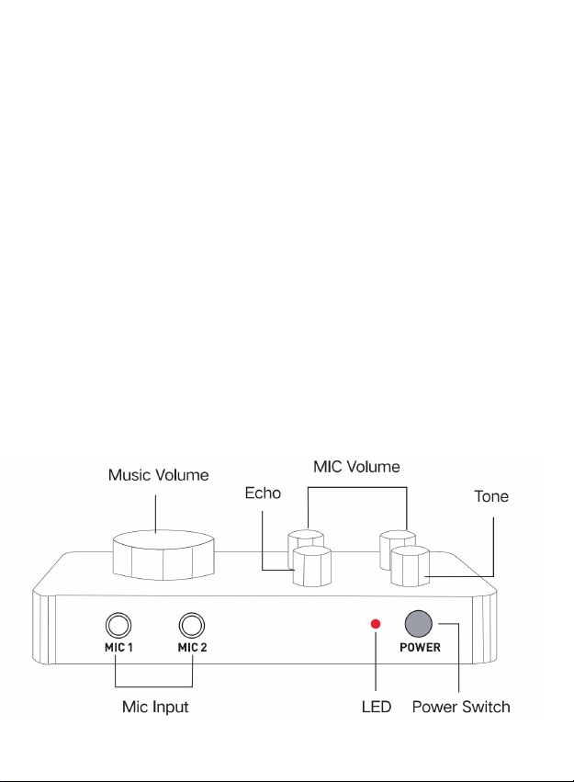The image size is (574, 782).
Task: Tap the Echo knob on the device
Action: pos(313,566)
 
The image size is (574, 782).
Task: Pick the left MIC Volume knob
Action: pos(307,541)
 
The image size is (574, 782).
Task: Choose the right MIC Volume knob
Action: pos(399,541)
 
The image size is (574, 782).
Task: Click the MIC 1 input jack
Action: pos(116,626)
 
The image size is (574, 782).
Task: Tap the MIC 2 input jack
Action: pos(192,626)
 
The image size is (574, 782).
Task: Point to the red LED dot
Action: pos(375,625)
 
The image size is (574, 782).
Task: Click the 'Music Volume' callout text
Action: pos(158,475)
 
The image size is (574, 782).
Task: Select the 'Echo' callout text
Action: pos(263,493)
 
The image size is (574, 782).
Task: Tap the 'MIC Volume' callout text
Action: pos(355,467)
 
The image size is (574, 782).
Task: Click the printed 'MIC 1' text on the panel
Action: pos(116,647)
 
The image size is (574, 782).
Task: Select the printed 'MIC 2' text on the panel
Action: pos(192,647)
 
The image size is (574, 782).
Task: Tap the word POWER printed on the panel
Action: pos(419,647)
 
